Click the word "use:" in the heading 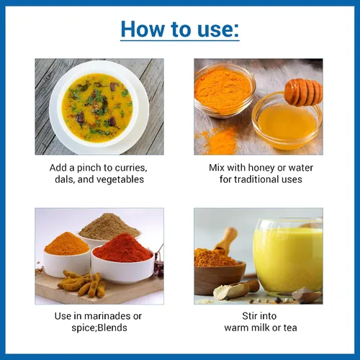(x=218, y=30)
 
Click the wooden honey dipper (x=303, y=92)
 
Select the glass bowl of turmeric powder (x=225, y=91)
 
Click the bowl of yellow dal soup (x=99, y=107)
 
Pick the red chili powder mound (x=122, y=248)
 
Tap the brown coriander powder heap (x=109, y=227)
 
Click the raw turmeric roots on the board (x=82, y=284)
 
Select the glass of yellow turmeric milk (x=287, y=257)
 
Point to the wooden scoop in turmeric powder (x=225, y=240)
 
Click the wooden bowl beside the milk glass (x=219, y=279)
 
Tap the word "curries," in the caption (x=131, y=168)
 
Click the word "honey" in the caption (x=261, y=168)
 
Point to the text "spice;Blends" (x=99, y=328)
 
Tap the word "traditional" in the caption (x=256, y=179)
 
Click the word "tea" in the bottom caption (x=290, y=328)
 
